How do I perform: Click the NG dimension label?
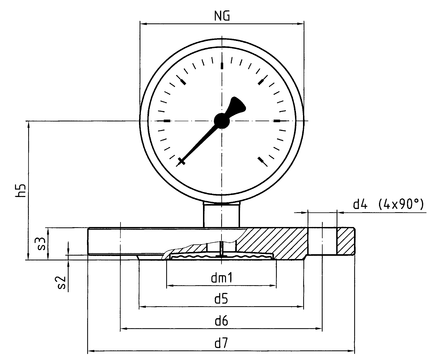pyautogui.click(x=222, y=16)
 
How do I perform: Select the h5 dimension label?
pyautogui.click(x=21, y=190)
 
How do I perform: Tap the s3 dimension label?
pyautogui.click(x=41, y=243)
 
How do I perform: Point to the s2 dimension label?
pyautogui.click(x=61, y=282)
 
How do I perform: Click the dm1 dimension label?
pyautogui.click(x=221, y=277)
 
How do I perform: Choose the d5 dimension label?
pyautogui.click(x=221, y=299)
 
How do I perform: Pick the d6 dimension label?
pyautogui.click(x=221, y=321)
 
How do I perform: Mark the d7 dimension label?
pyautogui.click(x=221, y=343)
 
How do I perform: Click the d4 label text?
pyautogui.click(x=360, y=204)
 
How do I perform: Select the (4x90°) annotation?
pyautogui.click(x=402, y=204)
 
